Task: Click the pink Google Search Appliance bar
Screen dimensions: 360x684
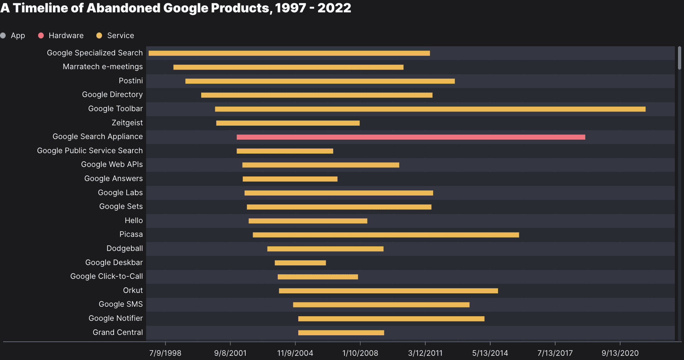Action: tap(410, 137)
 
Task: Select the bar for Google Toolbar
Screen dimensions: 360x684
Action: tap(430, 109)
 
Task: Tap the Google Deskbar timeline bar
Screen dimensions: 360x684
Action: tap(300, 263)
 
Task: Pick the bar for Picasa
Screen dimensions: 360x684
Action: tap(385, 235)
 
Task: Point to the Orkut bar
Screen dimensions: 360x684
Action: tap(388, 291)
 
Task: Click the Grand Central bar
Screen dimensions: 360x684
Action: tap(341, 332)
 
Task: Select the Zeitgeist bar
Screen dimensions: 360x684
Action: tap(288, 123)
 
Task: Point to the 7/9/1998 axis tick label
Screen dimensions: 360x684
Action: tap(165, 353)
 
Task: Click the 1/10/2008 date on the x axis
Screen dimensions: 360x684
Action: tap(360, 353)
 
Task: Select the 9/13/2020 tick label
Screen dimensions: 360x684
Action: tap(620, 353)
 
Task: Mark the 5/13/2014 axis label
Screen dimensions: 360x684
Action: tap(490, 353)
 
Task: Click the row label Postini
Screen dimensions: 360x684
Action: tap(131, 81)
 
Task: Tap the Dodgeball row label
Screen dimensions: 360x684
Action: tap(125, 248)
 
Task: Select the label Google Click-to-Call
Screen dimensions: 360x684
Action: tap(106, 276)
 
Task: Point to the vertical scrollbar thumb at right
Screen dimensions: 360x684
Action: tap(679, 58)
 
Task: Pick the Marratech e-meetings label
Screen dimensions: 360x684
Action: tap(103, 67)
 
